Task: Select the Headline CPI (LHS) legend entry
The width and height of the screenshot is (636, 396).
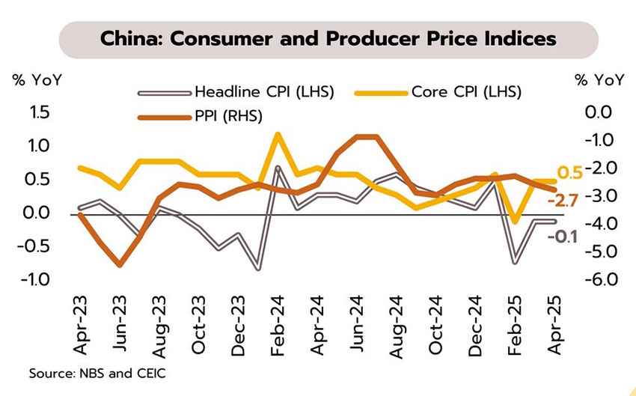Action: pos(263,93)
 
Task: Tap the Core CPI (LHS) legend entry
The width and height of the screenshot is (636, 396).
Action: pos(465,93)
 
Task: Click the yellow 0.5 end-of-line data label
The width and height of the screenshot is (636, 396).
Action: pos(570,173)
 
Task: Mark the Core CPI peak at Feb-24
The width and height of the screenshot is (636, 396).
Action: pos(278,135)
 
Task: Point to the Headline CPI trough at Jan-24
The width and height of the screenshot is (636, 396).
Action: pos(258,268)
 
